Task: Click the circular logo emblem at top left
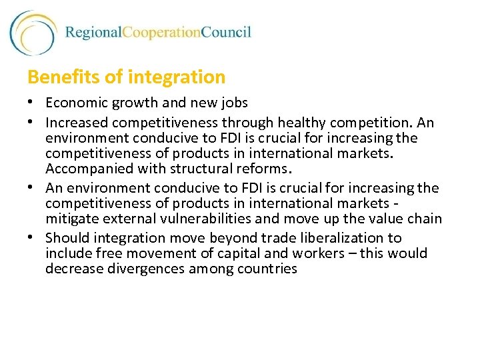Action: [x=33, y=33]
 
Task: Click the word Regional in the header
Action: [x=93, y=33]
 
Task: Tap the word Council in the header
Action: [x=226, y=33]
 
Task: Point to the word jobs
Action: [x=234, y=103]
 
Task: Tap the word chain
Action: [x=425, y=219]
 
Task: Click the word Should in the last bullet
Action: [x=68, y=238]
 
